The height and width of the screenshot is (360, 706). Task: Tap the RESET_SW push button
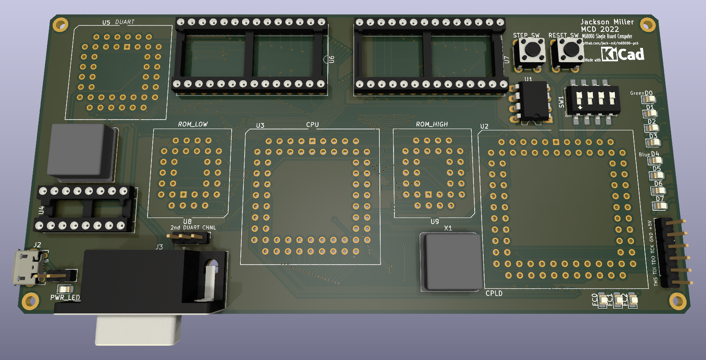coord(570,50)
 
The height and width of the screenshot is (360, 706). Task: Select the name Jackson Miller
coord(607,22)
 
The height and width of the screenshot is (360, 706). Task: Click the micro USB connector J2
coord(28,268)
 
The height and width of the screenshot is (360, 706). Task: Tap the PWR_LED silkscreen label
coord(65,297)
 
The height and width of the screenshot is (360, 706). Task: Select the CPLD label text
coord(494,294)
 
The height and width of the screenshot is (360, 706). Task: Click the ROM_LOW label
coord(193,124)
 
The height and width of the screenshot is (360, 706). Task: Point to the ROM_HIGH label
coord(432,124)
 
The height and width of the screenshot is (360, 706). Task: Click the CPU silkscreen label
coord(312,125)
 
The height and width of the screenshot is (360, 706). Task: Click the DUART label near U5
coord(125,22)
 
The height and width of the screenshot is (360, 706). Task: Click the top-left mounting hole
coord(60,24)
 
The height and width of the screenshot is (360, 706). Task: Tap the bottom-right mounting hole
coord(678,301)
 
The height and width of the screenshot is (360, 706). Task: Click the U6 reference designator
coord(332,59)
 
